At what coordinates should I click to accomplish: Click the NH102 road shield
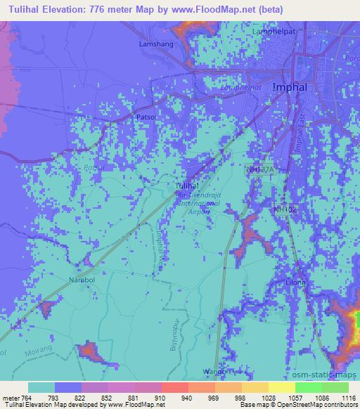[x=286, y=209]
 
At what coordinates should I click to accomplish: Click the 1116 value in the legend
[x=348, y=398]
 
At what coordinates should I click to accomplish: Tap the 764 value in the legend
[x=26, y=398]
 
